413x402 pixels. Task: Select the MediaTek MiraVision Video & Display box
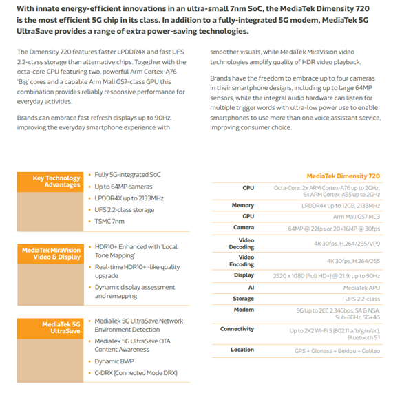click(52, 253)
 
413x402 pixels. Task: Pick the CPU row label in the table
click(248, 187)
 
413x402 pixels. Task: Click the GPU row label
click(248, 216)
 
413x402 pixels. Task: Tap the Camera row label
click(244, 227)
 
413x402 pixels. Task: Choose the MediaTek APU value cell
click(361, 287)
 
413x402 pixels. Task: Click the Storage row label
click(244, 298)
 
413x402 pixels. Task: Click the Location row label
click(242, 350)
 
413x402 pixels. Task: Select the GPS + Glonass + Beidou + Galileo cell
click(337, 350)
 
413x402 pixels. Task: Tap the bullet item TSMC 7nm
click(110, 221)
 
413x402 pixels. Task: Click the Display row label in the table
click(244, 275)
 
